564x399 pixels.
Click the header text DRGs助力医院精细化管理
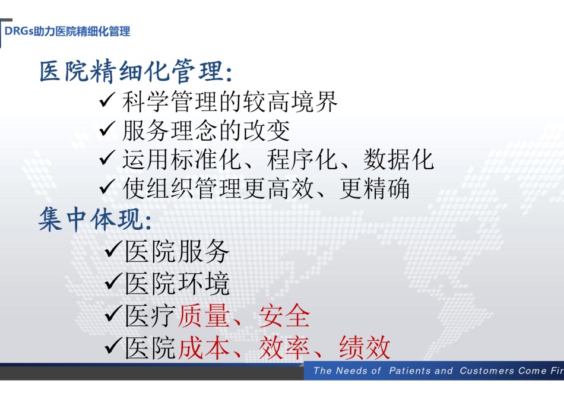(67, 31)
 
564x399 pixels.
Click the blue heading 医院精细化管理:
(136, 71)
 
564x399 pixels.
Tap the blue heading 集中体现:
(96, 218)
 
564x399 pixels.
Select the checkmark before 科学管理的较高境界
(107, 100)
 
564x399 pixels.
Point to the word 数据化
(398, 159)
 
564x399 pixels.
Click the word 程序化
(302, 159)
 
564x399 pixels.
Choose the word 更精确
(375, 189)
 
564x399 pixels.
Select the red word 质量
(204, 315)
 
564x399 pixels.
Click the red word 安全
(284, 315)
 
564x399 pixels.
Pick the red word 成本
(204, 347)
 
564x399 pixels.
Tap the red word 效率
(284, 347)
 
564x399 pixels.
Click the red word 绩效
(365, 347)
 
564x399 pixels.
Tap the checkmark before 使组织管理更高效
(107, 186)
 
